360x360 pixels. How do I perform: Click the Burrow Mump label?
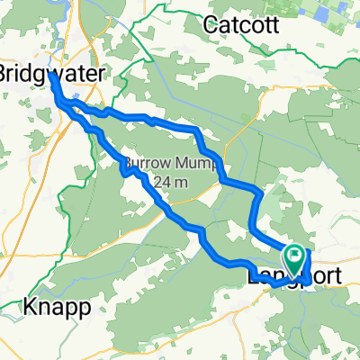pos(160,166)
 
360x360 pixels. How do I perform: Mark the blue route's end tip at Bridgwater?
pos(50,75)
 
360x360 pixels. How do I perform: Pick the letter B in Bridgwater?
pos(4,71)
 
